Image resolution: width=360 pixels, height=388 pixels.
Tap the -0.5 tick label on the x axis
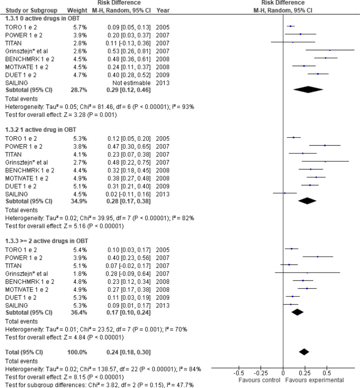[239, 372]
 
